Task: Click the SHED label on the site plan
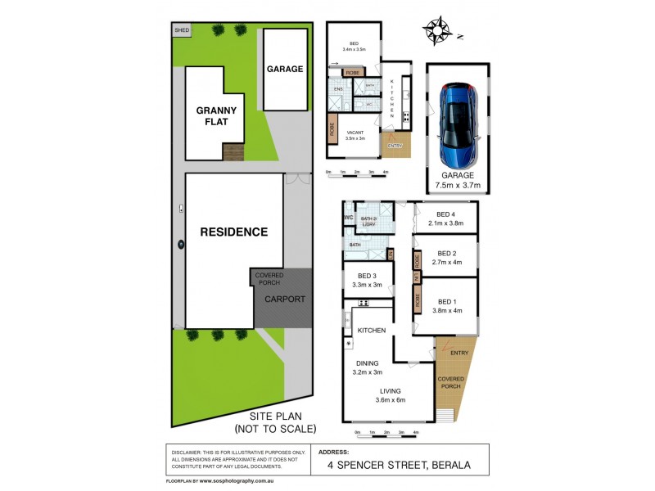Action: tap(180, 30)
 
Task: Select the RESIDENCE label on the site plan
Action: tap(234, 232)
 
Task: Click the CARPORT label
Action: tap(284, 300)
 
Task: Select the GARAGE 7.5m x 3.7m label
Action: tap(458, 180)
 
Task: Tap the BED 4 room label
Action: tap(445, 218)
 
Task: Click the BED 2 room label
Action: tap(445, 258)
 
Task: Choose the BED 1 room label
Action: tap(445, 305)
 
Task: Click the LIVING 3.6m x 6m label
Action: tap(391, 395)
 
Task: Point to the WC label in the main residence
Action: tap(348, 218)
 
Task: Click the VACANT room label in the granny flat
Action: tap(355, 137)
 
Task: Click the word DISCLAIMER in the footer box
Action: tap(189, 453)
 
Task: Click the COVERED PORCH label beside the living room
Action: tap(450, 384)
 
